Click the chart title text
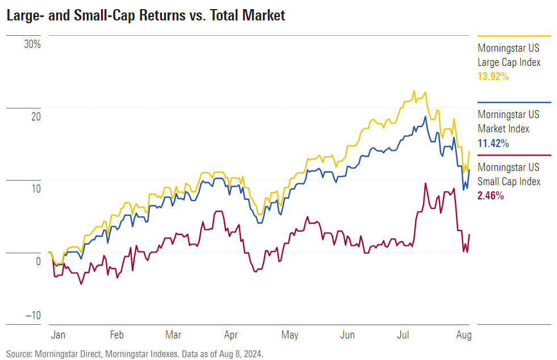[146, 15]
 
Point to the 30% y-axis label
[32, 44]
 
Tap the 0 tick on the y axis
[38, 261]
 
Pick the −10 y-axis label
[33, 316]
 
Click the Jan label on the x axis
[58, 335]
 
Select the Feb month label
[116, 335]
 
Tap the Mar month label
[173, 335]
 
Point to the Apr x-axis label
[231, 335]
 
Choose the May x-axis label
[290, 335]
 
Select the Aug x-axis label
[463, 335]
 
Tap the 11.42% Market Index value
[493, 143]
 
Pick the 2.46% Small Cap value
[491, 196]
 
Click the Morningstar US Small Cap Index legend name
[509, 174]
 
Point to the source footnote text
[135, 353]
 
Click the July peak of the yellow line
[414, 90]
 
